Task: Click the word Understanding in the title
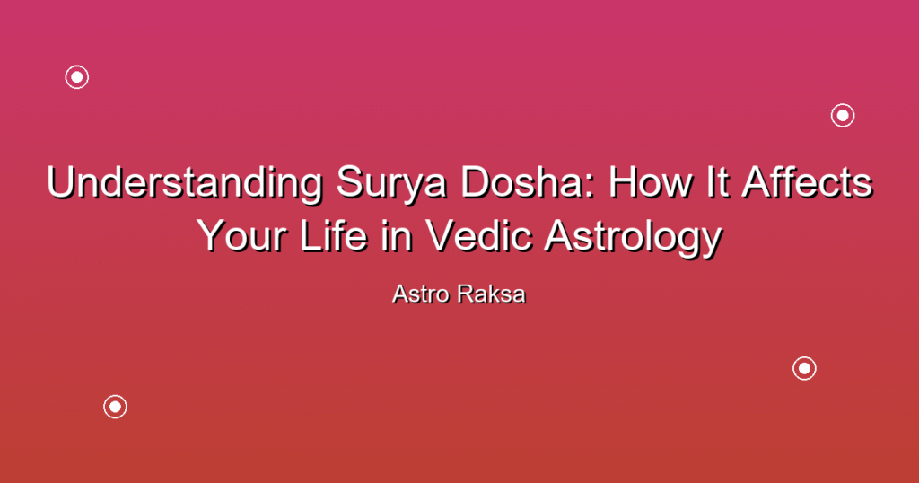pyautogui.click(x=185, y=182)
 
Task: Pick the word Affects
pyautogui.click(x=807, y=182)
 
